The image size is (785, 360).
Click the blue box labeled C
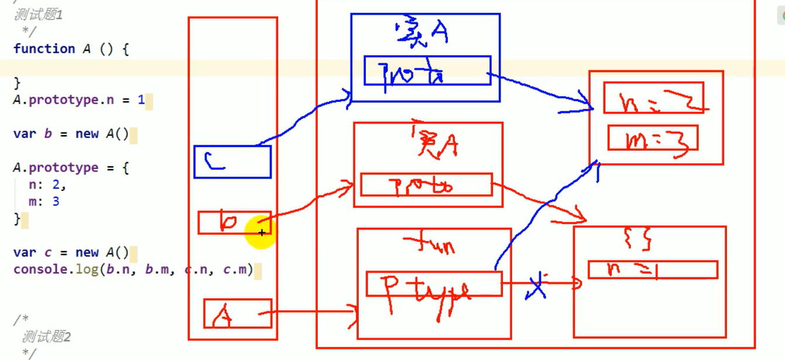[232, 162]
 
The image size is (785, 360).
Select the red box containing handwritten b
[234, 223]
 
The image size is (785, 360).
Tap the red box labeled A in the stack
[238, 314]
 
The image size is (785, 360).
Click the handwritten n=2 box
[653, 98]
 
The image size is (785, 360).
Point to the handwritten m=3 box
[653, 138]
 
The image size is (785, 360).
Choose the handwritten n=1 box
[653, 270]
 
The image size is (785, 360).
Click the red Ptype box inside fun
[434, 284]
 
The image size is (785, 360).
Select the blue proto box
[427, 71]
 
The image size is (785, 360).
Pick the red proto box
[426, 184]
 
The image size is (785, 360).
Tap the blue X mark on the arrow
[537, 285]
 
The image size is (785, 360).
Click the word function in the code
[44, 49]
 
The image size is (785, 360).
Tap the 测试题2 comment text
[46, 337]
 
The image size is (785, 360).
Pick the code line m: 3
[44, 202]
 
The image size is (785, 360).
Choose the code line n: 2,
[47, 185]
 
